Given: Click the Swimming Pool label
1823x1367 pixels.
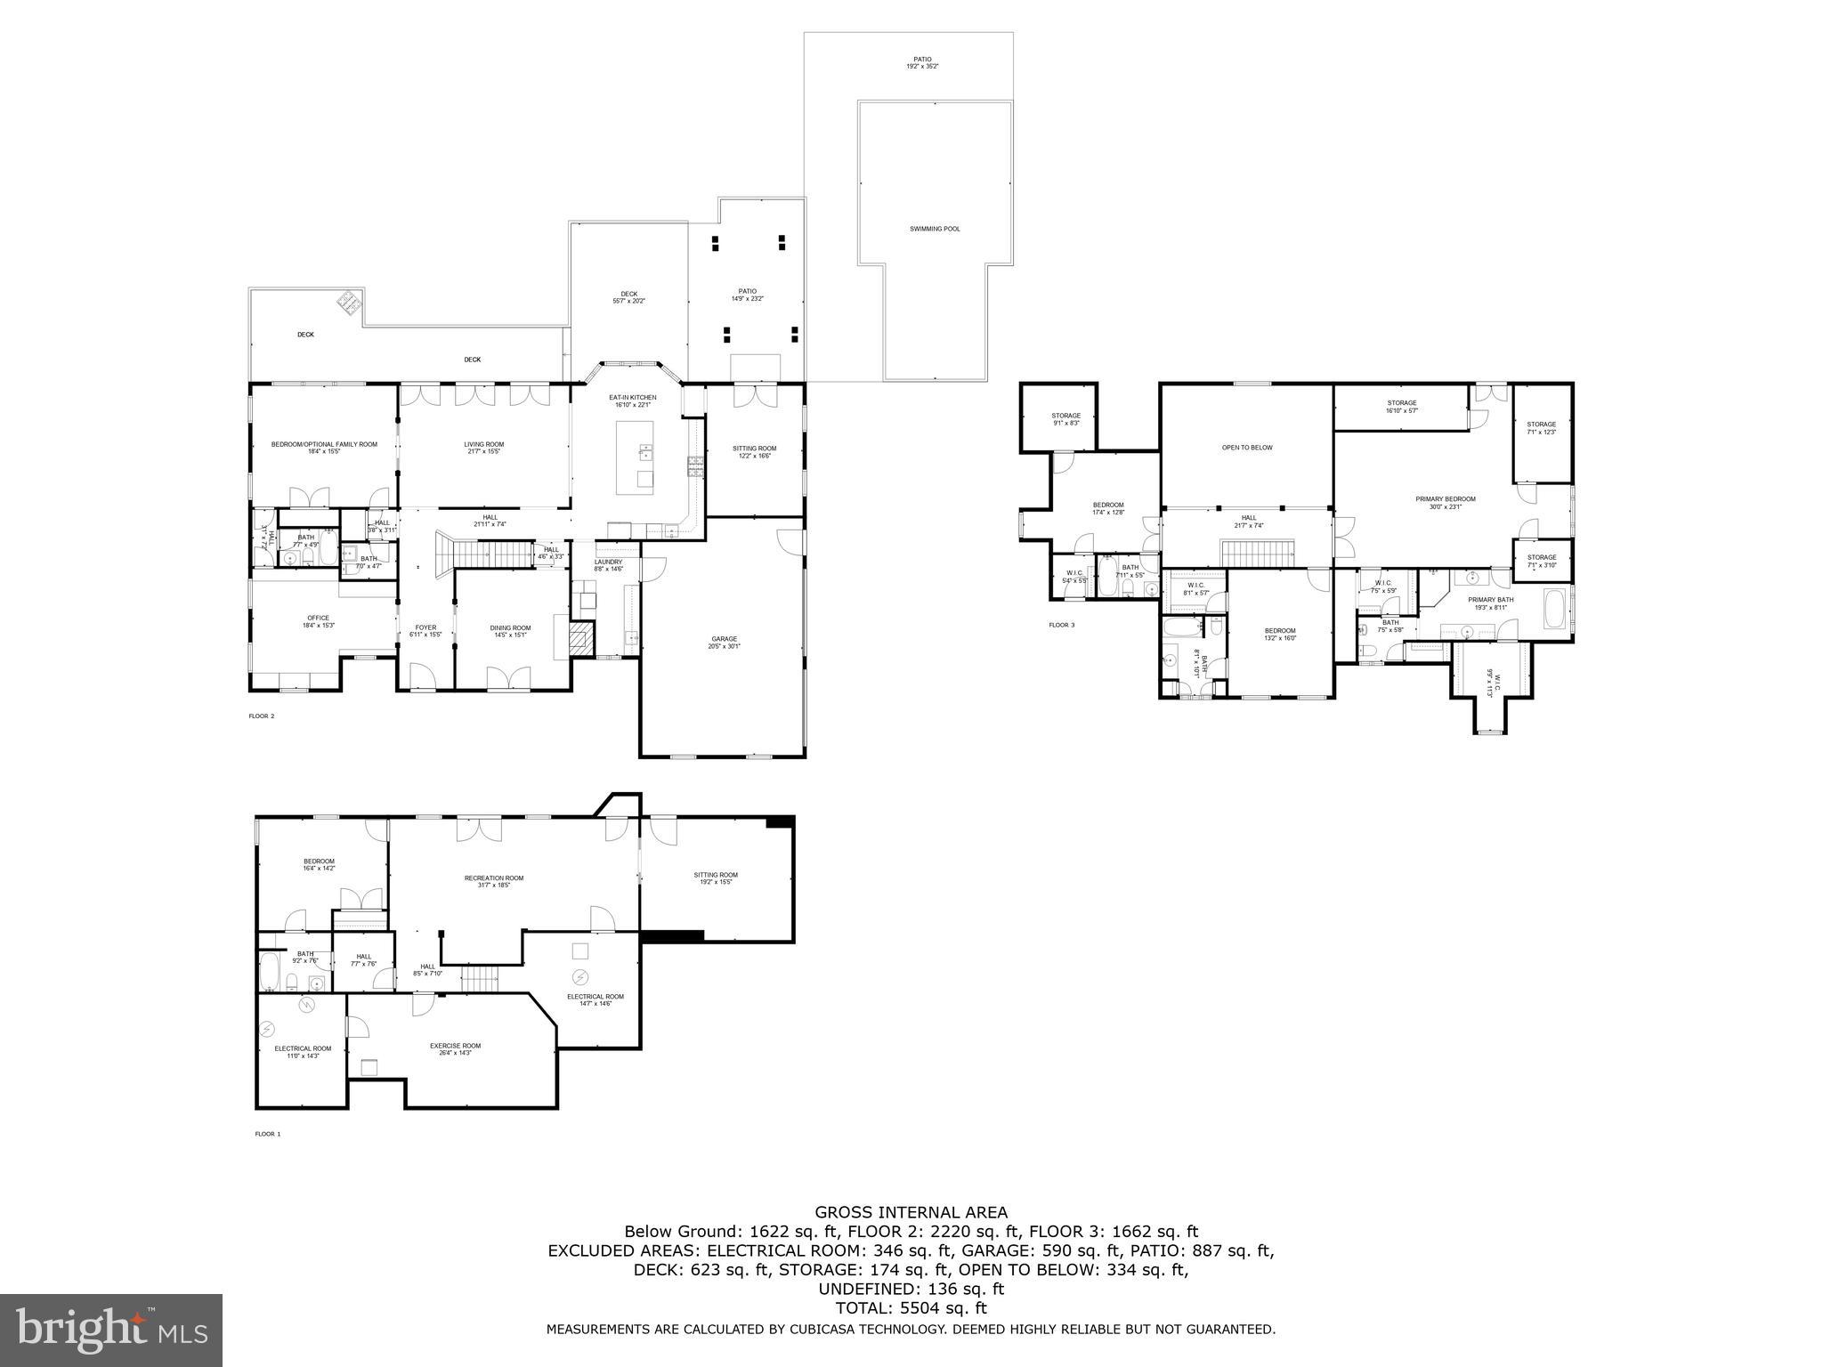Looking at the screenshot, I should tap(935, 229).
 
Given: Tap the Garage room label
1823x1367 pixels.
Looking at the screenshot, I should tap(724, 642).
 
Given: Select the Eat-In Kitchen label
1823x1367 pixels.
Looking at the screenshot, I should tap(632, 400).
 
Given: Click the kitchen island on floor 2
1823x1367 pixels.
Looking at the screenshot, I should tap(635, 457).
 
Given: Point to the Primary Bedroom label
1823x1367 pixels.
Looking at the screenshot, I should tap(1446, 502).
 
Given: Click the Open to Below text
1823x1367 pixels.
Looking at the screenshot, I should tap(1246, 448).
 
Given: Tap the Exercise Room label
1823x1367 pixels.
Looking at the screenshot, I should tap(455, 1048).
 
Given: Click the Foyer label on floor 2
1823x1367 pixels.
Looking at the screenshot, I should tap(425, 630).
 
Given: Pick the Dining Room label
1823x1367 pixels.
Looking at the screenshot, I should tap(510, 631).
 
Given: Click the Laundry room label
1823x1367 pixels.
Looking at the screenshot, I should tap(609, 564).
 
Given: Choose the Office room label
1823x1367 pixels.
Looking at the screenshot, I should tap(319, 621).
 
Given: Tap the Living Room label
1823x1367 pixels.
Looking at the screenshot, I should tap(483, 447).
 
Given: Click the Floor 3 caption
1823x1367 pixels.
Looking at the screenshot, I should tap(1061, 625).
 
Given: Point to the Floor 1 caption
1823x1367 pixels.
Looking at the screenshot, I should tap(267, 1134).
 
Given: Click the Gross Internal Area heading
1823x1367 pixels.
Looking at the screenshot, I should tap(911, 1212).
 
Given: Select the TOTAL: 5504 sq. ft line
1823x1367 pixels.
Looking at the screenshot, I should tap(911, 1308).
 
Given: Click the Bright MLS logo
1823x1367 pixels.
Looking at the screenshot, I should tap(111, 1331).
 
